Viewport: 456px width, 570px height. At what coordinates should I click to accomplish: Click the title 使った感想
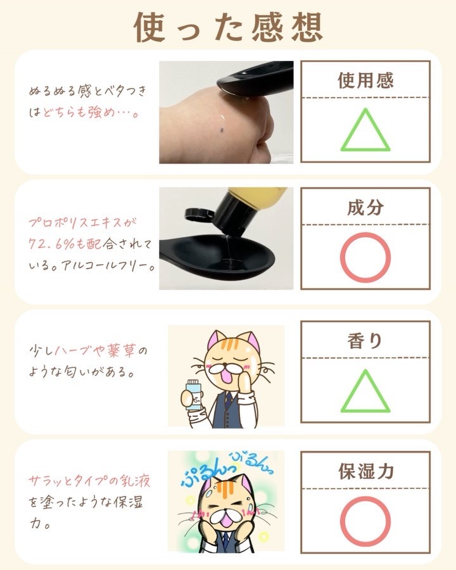[229, 27]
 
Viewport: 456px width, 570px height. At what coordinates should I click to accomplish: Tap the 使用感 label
[365, 80]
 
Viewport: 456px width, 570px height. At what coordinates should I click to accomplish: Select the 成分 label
[365, 207]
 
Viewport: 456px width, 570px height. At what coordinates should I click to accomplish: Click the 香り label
[365, 341]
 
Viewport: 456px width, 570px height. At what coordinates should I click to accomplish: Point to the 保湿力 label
[366, 471]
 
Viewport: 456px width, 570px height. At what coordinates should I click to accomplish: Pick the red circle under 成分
[365, 257]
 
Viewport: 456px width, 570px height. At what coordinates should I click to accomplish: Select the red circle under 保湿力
[365, 521]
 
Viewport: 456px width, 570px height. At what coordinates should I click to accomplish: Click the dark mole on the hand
[222, 129]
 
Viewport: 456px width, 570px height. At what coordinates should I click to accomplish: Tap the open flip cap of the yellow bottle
[196, 215]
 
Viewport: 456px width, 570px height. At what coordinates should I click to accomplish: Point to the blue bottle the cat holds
[193, 395]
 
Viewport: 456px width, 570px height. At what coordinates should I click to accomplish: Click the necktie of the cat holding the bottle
[228, 400]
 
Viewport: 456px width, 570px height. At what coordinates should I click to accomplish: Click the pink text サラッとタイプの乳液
[89, 481]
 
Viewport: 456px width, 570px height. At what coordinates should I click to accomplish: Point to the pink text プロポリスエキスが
[82, 222]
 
